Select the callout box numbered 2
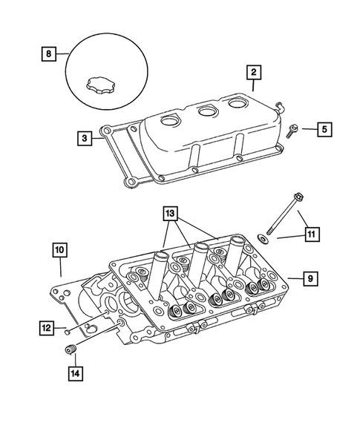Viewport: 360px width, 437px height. [x=254, y=72]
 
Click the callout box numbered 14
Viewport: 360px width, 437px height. [x=74, y=373]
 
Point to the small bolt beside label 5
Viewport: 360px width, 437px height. [x=291, y=131]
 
